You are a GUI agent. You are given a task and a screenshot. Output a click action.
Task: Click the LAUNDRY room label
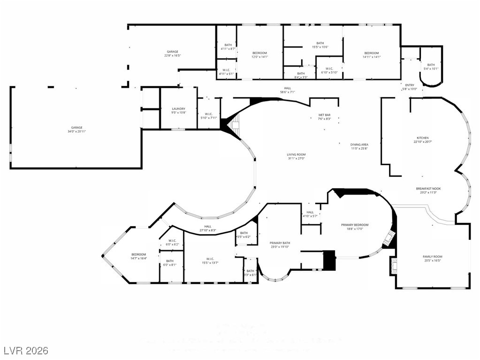click(x=178, y=109)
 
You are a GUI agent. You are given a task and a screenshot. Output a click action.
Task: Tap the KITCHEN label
click(x=419, y=138)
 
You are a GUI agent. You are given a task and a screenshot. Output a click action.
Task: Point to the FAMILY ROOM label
click(x=433, y=256)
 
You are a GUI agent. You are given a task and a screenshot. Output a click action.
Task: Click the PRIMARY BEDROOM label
click(x=354, y=225)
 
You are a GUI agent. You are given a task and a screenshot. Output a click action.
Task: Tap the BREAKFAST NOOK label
click(x=428, y=189)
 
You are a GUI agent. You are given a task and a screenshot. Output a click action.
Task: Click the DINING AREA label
click(x=359, y=145)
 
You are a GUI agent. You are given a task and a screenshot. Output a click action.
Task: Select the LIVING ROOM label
click(x=296, y=154)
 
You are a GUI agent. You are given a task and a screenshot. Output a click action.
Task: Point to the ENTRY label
click(x=410, y=85)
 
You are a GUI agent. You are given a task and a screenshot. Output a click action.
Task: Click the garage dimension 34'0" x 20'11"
click(x=76, y=131)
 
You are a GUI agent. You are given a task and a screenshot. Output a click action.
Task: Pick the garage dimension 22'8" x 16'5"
click(x=172, y=55)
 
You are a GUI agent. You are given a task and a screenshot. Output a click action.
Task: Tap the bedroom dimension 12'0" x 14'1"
click(x=259, y=57)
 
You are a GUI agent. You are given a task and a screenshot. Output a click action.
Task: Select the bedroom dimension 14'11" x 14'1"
click(x=371, y=57)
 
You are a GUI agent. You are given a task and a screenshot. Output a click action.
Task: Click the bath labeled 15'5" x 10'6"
click(x=320, y=47)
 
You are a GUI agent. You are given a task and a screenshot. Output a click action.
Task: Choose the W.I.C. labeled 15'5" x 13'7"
click(x=210, y=263)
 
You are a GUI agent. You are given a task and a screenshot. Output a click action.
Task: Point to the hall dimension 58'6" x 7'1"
click(x=287, y=92)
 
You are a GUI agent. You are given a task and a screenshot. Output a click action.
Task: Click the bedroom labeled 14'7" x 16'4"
click(x=138, y=258)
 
